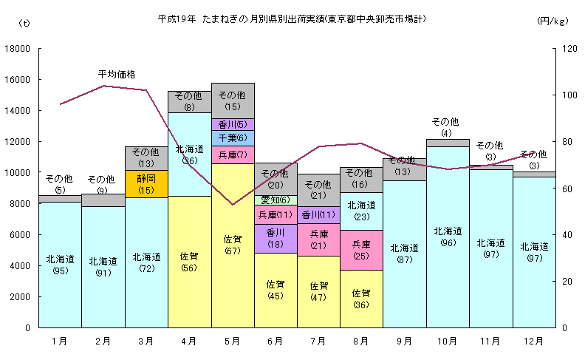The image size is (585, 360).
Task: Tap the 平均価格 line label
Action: coord(117,74)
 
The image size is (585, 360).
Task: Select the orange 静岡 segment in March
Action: coord(146,183)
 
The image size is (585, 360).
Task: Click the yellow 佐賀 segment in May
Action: coord(233,245)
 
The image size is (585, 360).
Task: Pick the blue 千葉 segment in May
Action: coord(233,138)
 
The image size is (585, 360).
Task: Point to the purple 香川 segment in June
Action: coord(276,238)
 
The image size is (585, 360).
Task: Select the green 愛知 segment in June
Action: coord(276,200)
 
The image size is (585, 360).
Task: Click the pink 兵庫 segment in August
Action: coord(361,250)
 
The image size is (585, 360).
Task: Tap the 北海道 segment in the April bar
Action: coord(189,154)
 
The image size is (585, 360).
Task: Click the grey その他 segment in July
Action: coord(318,190)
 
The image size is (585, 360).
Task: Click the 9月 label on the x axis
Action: coord(404,341)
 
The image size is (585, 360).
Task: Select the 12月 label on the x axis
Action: coord(533,341)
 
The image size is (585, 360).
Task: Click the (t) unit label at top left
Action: coord(24,23)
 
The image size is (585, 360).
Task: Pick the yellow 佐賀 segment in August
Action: coord(361,298)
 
